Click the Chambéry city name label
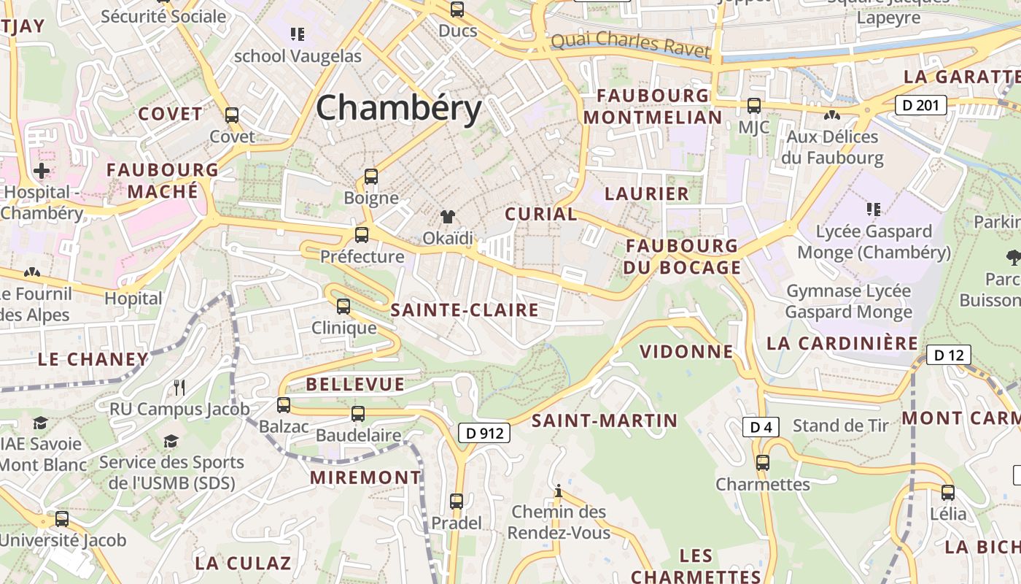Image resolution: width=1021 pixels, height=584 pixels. [x=399, y=108]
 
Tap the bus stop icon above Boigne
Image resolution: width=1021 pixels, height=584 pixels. [x=371, y=176]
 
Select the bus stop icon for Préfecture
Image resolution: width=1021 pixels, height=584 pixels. [x=362, y=234]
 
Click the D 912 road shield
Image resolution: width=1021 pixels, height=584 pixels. [x=484, y=433]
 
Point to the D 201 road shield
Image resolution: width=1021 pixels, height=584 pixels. [x=920, y=105]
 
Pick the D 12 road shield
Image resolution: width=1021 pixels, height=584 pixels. [x=948, y=356]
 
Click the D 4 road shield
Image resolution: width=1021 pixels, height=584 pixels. [x=761, y=427]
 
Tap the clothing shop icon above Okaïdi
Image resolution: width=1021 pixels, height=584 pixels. [x=448, y=217]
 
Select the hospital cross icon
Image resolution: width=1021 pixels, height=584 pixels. [x=42, y=171]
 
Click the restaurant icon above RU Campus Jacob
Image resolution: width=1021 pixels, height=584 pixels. [x=179, y=387]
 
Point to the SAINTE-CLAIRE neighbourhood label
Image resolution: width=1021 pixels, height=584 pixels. [x=465, y=310]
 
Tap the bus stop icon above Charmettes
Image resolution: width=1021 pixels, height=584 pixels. [x=763, y=462]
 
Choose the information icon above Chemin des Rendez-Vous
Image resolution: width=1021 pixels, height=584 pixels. [x=559, y=490]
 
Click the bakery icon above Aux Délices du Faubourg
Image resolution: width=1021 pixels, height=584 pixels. [x=831, y=115]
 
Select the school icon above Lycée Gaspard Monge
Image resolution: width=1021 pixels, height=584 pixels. [x=874, y=210]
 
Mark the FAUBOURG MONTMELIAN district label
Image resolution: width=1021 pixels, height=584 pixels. [x=653, y=107]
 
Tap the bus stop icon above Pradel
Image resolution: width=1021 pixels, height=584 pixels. [x=457, y=502]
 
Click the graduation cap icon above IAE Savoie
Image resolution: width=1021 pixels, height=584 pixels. [x=40, y=423]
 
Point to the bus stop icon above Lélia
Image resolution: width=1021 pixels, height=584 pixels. [x=948, y=492]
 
